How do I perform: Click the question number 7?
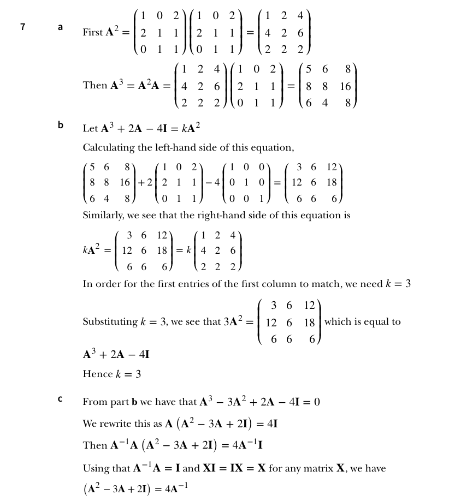pyautogui.click(x=22, y=26)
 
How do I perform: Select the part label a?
pyautogui.click(x=60, y=26)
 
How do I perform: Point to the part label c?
pyautogui.click(x=60, y=399)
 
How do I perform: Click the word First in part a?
pyautogui.click(x=92, y=33)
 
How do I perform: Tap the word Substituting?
pyautogui.click(x=108, y=321)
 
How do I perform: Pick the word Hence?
pyautogui.click(x=96, y=374)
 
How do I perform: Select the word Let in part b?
pyautogui.click(x=90, y=129)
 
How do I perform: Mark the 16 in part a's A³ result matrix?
pyautogui.click(x=345, y=86)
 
